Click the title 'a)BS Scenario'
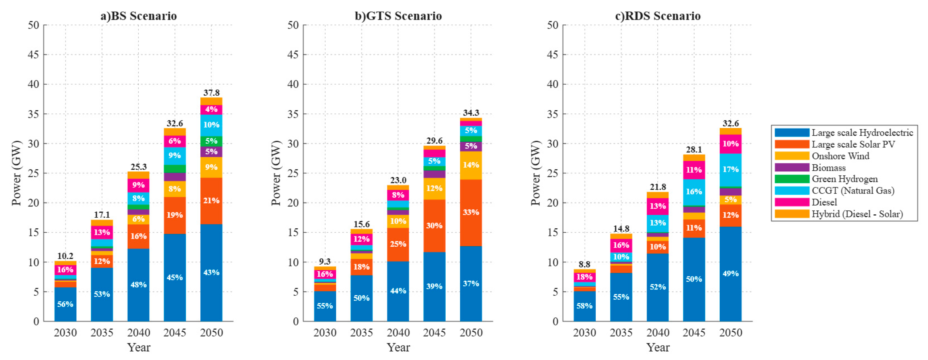(139, 16)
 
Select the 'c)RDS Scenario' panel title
(658, 16)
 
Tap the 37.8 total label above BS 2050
(211, 93)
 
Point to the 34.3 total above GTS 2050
(471, 113)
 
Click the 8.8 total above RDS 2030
(584, 264)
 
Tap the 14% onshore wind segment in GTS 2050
(471, 165)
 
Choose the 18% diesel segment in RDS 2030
(584, 277)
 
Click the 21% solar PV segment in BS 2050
(211, 201)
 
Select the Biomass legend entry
(829, 168)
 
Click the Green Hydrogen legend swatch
(792, 179)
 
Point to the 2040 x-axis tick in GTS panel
(398, 332)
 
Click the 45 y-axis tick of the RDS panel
(553, 55)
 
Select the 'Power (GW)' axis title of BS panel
(17, 173)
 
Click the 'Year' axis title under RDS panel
(658, 347)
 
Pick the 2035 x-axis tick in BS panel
(102, 332)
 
